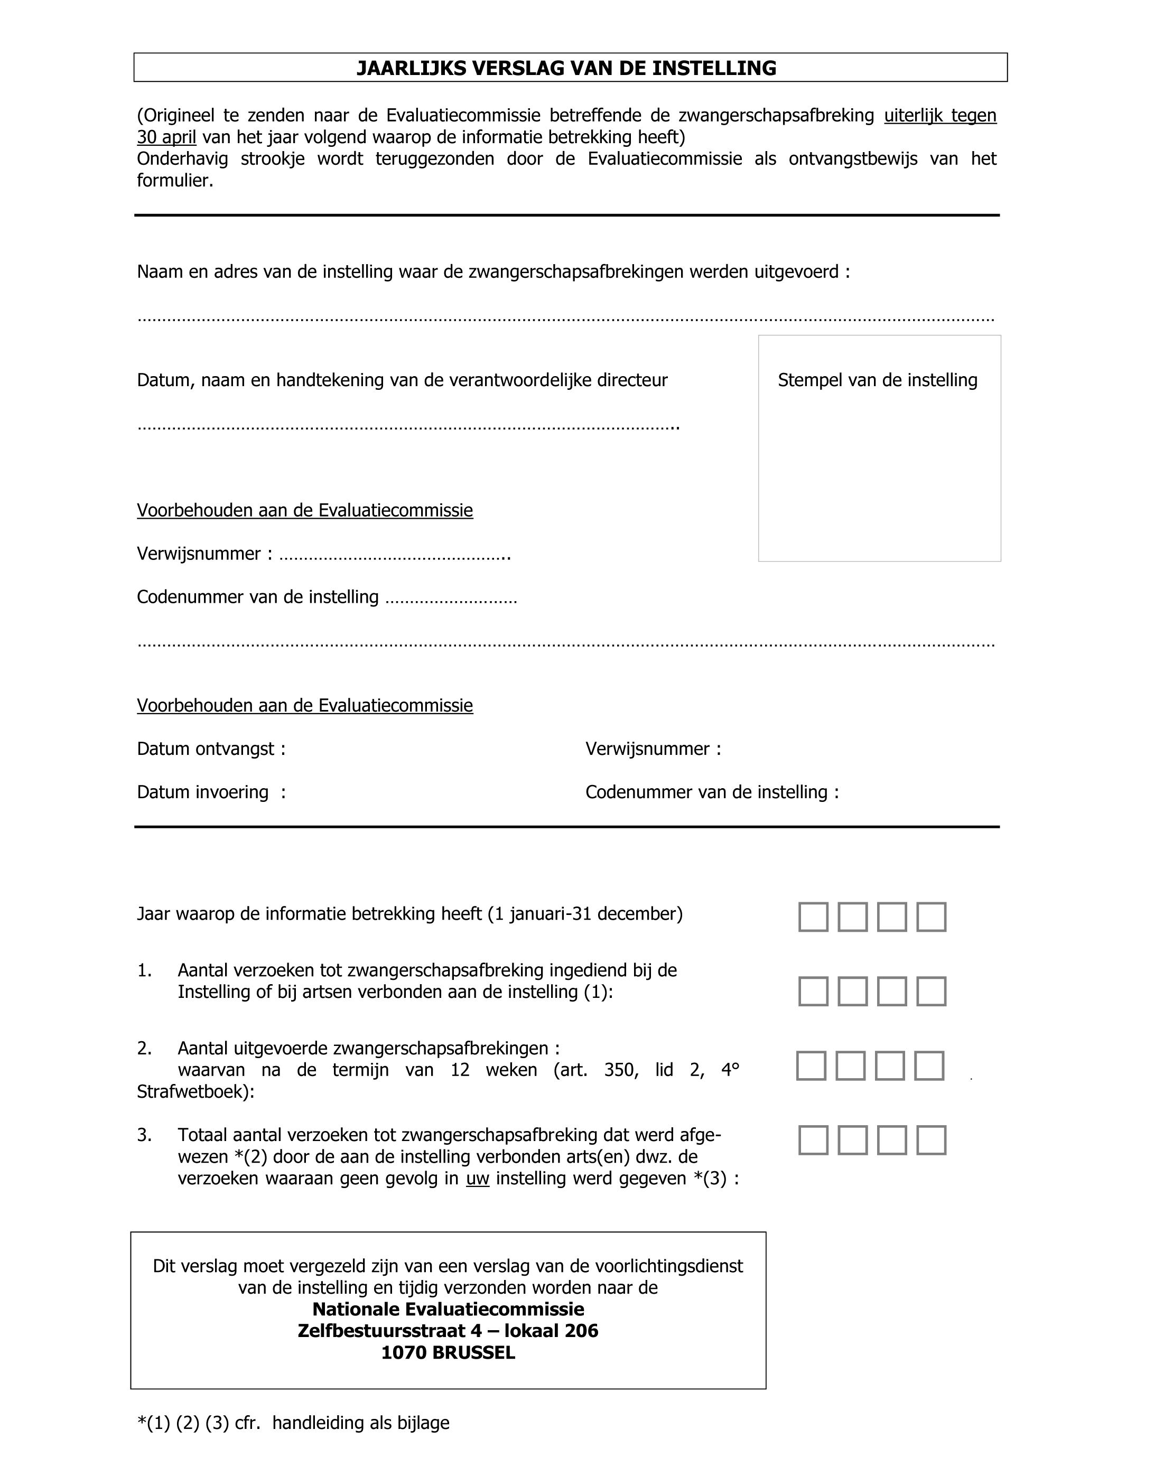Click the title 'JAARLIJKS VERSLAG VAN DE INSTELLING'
click(x=566, y=68)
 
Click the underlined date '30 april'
click(x=166, y=137)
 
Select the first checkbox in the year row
click(x=813, y=917)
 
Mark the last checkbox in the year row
click(x=931, y=917)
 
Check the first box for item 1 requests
click(x=813, y=992)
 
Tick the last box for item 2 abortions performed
click(x=929, y=1066)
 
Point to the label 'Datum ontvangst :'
click(x=211, y=749)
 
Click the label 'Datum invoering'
click(x=203, y=792)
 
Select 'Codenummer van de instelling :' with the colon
click(x=712, y=792)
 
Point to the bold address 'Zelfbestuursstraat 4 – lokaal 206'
click(x=448, y=1331)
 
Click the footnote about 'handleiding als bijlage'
click(x=293, y=1423)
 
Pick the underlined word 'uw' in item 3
click(x=478, y=1178)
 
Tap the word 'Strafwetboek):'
click(x=196, y=1091)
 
